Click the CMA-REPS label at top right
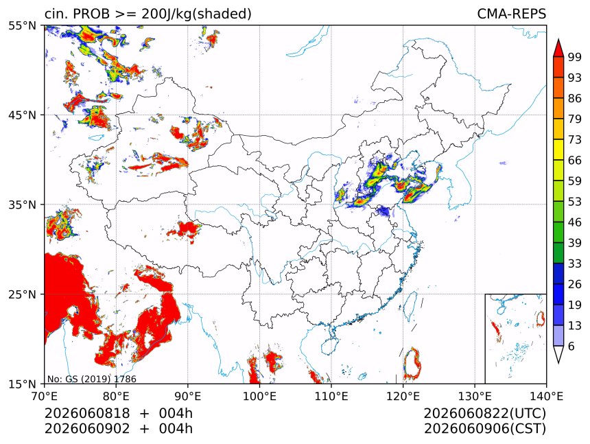(x=511, y=14)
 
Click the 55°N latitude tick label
(x=22, y=26)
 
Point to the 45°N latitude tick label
(x=22, y=115)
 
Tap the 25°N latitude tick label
(x=22, y=294)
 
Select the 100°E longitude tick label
(x=259, y=396)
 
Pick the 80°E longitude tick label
(x=116, y=396)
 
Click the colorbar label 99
(x=575, y=57)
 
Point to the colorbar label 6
(x=571, y=346)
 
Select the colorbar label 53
(x=575, y=202)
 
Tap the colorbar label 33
(x=575, y=264)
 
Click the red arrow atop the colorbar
(x=558, y=47)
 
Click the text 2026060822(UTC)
(x=484, y=414)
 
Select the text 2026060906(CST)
(x=484, y=429)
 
